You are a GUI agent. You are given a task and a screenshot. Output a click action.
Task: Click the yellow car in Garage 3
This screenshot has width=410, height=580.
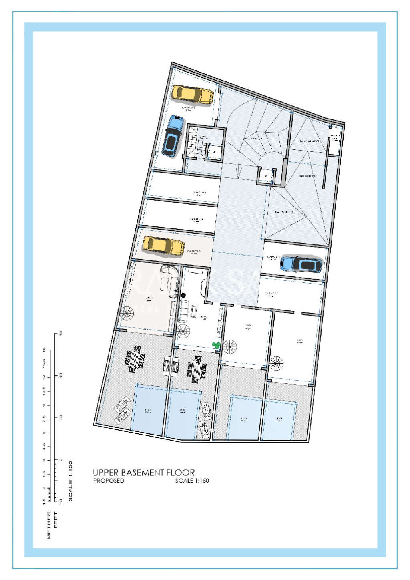point(163,246)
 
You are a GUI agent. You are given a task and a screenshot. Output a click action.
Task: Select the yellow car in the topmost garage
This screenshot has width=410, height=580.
point(193,95)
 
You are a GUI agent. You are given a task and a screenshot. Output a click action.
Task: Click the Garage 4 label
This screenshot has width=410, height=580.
point(196,219)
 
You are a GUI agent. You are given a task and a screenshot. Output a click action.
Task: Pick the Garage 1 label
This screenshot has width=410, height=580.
point(271,294)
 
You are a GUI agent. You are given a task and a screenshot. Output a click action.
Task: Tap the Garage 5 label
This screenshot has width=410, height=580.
point(199,193)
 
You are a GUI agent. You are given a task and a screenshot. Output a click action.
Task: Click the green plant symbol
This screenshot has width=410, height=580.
point(216,344)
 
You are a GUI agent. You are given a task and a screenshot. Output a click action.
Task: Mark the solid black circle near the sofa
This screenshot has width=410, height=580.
point(183,295)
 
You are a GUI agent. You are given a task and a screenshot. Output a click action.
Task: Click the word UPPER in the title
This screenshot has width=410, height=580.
point(106,473)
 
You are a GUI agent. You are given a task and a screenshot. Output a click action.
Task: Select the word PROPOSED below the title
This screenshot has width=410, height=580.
point(109,481)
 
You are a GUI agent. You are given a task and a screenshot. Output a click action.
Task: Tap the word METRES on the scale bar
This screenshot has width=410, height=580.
point(49,525)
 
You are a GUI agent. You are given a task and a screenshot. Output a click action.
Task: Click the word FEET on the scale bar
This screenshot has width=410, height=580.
point(56,520)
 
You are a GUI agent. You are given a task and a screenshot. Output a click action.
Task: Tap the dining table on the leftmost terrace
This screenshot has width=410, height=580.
point(135,358)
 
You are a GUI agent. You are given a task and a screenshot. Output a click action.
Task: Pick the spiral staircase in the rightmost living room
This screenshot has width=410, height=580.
point(276,364)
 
